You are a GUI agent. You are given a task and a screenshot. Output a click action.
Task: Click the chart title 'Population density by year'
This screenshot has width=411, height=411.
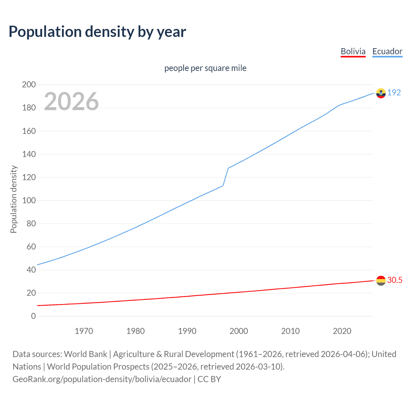(97, 32)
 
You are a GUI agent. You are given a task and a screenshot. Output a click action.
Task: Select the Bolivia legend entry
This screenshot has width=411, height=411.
(353, 51)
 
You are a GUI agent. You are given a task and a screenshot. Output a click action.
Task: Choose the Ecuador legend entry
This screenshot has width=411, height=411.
(387, 51)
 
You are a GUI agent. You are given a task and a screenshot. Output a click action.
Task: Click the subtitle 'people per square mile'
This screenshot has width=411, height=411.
(205, 68)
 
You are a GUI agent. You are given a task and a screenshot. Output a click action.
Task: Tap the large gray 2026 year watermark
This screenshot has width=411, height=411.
(71, 101)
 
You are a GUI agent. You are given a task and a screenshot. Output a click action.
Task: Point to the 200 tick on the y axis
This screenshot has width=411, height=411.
(29, 85)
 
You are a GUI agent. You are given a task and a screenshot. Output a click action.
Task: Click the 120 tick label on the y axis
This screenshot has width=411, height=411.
(29, 177)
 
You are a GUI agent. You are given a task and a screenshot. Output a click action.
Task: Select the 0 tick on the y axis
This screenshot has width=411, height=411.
(33, 316)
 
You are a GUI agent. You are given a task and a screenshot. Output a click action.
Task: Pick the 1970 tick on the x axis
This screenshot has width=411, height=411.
(84, 331)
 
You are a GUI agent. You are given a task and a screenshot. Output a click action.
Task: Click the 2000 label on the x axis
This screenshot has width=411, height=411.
(239, 331)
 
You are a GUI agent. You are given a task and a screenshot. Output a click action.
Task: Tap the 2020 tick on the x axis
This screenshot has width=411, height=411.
(342, 331)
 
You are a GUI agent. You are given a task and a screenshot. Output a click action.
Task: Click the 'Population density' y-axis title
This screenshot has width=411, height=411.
(13, 199)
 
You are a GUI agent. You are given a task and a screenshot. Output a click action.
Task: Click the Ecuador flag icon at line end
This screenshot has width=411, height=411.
(381, 93)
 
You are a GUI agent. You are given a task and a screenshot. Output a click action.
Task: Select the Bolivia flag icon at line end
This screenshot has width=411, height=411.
(381, 281)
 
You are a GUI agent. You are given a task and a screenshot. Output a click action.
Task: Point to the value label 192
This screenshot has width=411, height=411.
(394, 92)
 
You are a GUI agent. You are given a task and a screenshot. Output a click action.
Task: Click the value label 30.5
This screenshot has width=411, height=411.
(395, 280)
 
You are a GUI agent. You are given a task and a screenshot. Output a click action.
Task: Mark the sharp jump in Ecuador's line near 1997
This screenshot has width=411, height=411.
(226, 177)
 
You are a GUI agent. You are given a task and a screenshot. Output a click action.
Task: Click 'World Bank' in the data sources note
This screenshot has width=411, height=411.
(85, 354)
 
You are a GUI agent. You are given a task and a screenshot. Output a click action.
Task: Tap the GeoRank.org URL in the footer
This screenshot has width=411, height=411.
(102, 379)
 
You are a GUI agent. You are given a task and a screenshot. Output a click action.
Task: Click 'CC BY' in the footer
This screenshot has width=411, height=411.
(209, 379)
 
